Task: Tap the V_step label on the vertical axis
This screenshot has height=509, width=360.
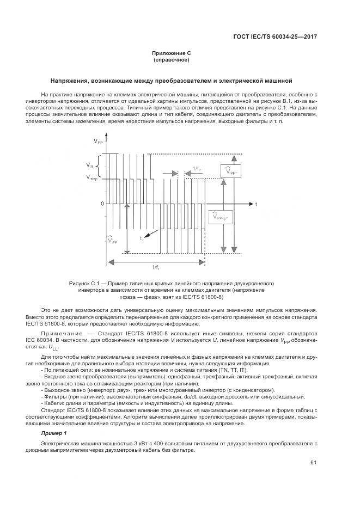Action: (91, 177)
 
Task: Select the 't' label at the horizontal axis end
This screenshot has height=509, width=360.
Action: (256, 204)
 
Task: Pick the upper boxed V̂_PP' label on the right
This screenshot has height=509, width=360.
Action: (230, 171)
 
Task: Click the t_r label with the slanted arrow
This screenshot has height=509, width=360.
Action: (141, 238)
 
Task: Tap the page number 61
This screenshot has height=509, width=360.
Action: (313, 463)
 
